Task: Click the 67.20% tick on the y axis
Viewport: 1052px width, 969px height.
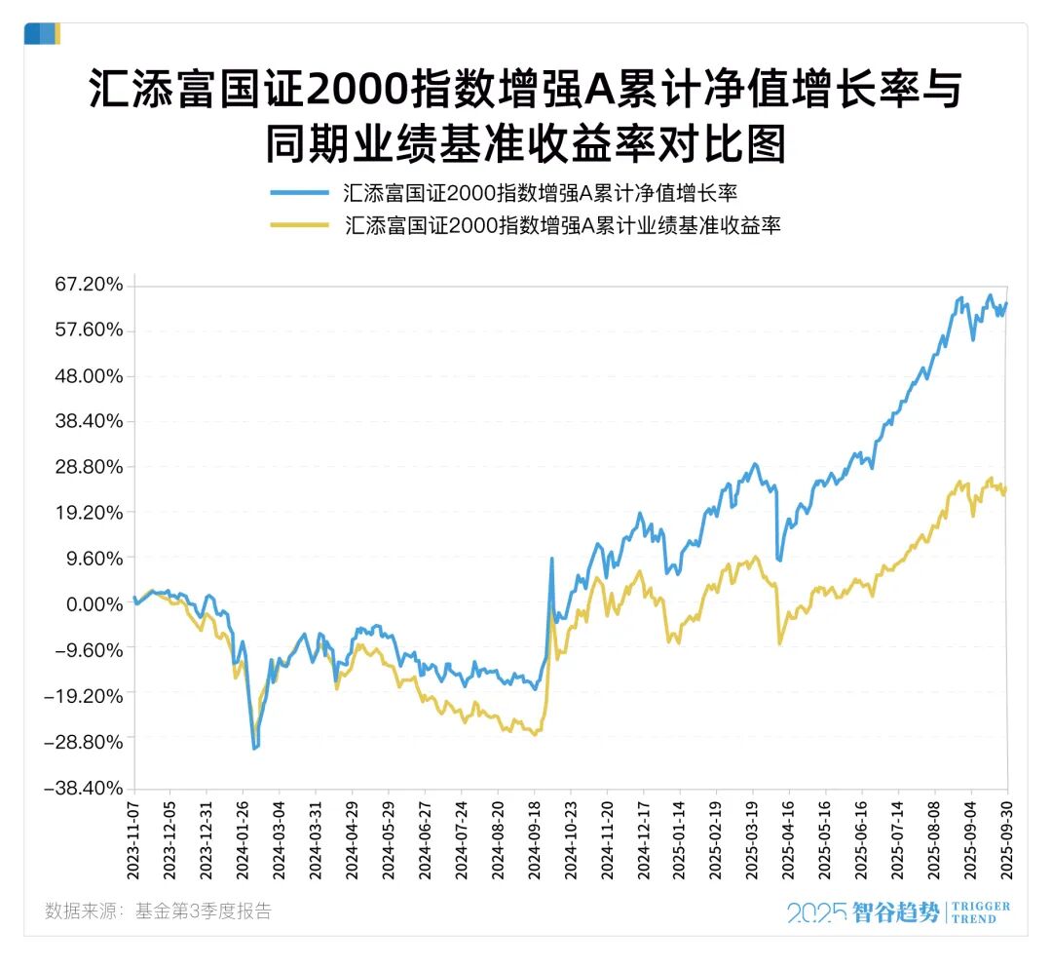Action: (90, 285)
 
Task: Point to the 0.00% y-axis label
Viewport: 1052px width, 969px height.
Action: (95, 604)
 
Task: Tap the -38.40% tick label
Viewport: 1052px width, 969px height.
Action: (86, 788)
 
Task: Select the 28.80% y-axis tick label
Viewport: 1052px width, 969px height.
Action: (90, 467)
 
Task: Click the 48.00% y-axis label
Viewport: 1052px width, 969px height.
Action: (90, 376)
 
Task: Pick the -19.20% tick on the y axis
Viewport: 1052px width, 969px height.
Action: (86, 696)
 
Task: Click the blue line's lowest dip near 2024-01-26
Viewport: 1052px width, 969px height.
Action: (255, 748)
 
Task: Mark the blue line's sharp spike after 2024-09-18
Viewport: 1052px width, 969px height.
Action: (551, 560)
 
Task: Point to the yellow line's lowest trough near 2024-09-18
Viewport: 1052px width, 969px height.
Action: (534, 734)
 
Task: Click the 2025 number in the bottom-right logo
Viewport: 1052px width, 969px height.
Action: (815, 913)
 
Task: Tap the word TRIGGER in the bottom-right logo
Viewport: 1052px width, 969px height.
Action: (980, 907)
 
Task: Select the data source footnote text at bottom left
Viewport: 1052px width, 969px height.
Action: (158, 911)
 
